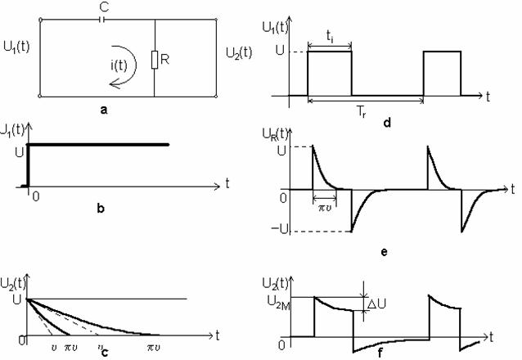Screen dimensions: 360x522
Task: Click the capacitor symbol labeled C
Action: pyautogui.click(x=102, y=19)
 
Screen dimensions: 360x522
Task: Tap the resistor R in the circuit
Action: pyautogui.click(x=155, y=60)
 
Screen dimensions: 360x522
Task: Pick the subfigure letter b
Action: pyautogui.click(x=99, y=209)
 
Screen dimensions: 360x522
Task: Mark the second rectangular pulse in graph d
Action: pyautogui.click(x=442, y=74)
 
